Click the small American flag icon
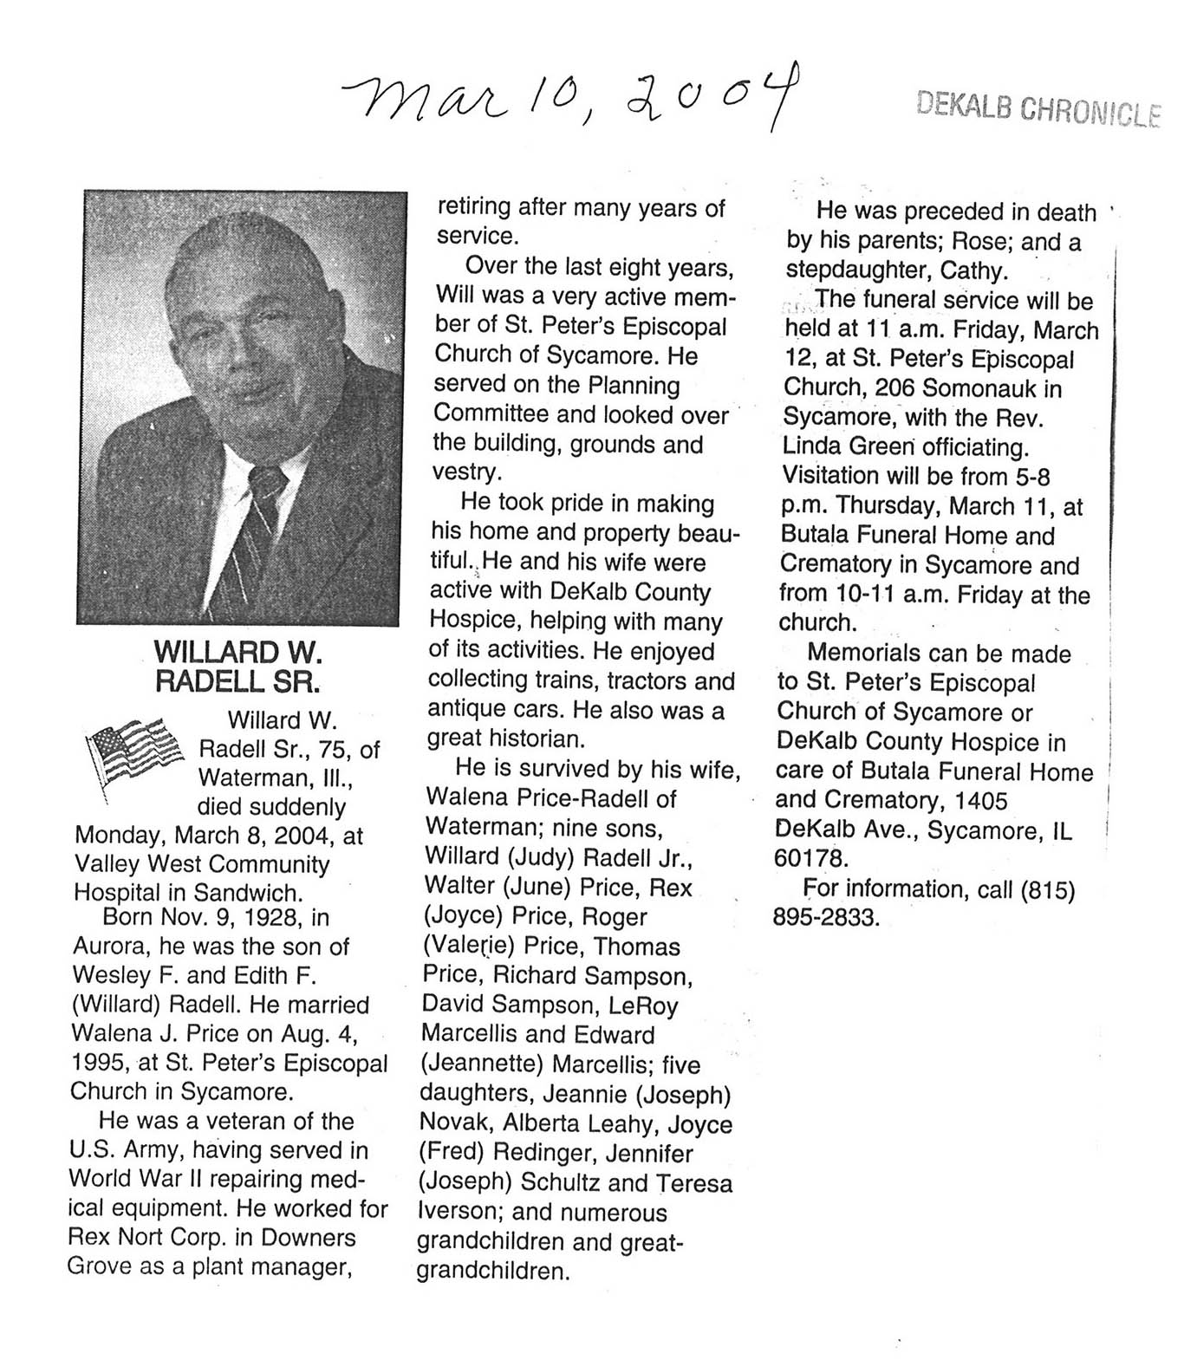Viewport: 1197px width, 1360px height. (134, 750)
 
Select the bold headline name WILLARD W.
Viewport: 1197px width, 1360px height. (237, 651)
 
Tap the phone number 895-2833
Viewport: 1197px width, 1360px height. (826, 917)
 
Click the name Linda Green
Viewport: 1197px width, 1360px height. (850, 447)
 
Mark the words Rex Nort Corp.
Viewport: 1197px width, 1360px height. (148, 1237)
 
